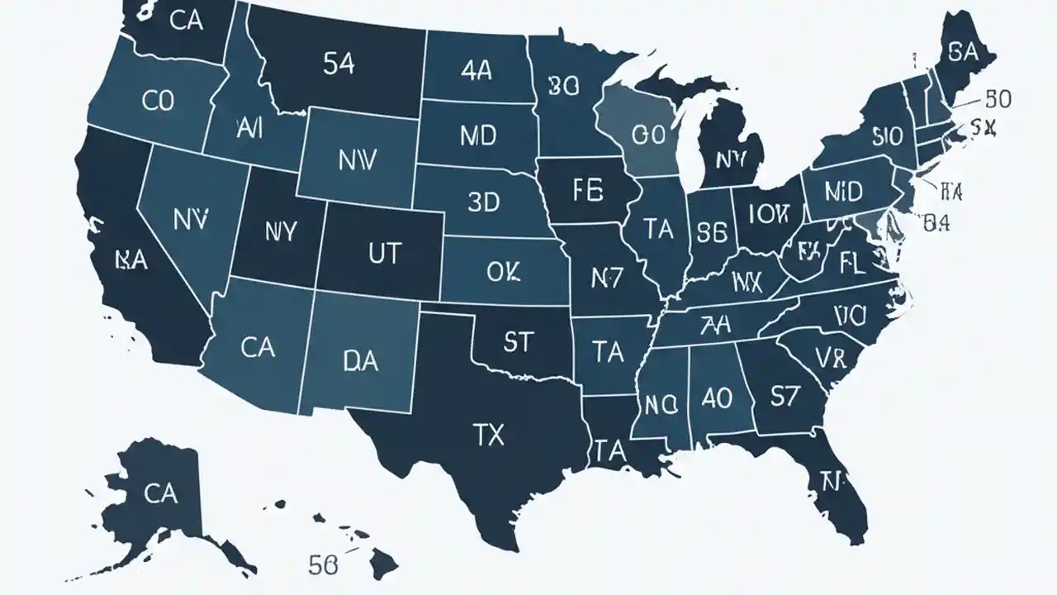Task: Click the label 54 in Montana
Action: click(x=339, y=65)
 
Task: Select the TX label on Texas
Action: click(x=489, y=436)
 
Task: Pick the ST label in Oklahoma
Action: click(x=517, y=341)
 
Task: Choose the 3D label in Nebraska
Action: click(x=483, y=202)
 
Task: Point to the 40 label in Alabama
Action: click(x=715, y=398)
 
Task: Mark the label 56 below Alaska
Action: click(x=323, y=565)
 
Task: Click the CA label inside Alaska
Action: click(x=160, y=494)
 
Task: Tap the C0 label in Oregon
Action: click(x=158, y=102)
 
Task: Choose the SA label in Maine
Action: click(x=963, y=53)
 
